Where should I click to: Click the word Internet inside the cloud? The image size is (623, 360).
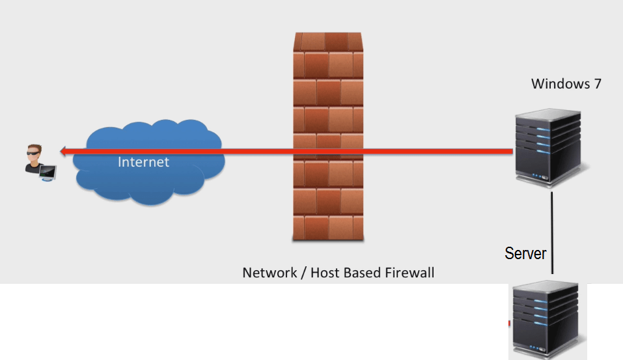coord(143,162)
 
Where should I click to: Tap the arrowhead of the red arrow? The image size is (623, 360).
coord(63,152)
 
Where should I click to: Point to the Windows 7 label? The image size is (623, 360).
coord(566,84)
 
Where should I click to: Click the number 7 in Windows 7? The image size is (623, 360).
coord(597,84)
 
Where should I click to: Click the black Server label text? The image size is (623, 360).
coord(525,253)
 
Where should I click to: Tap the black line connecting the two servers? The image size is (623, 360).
coord(552,228)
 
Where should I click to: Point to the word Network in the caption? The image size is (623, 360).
coord(268,272)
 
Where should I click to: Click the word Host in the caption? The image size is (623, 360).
coord(324,272)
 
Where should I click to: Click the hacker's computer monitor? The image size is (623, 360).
coord(48,172)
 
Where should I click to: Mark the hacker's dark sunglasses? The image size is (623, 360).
coord(33,154)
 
